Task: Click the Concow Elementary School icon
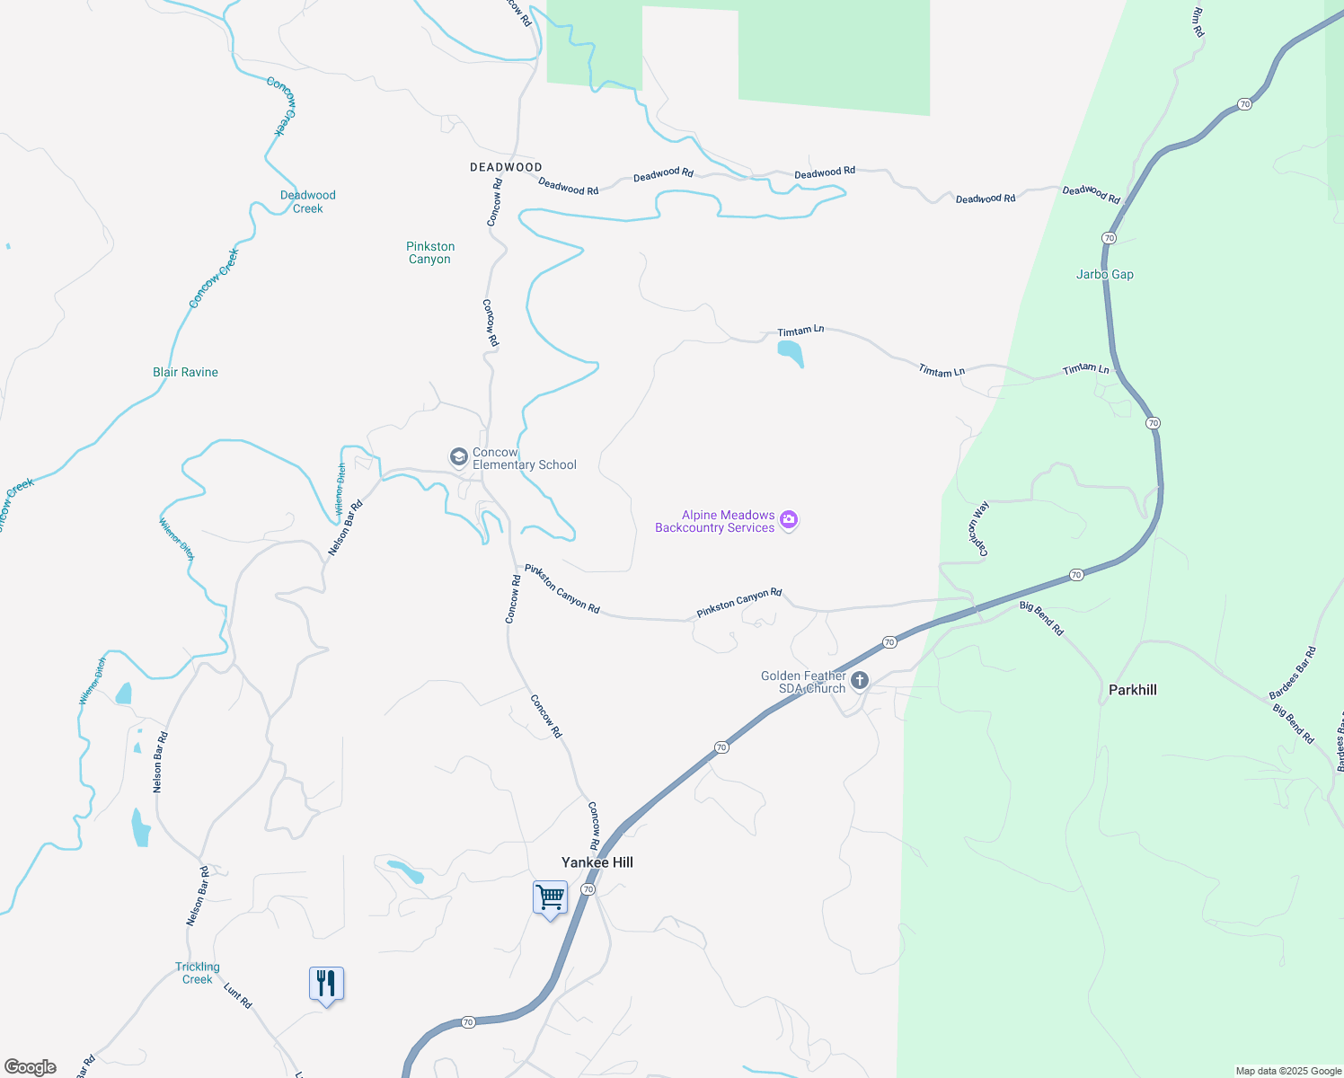click(458, 458)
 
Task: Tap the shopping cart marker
click(550, 897)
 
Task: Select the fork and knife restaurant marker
click(326, 984)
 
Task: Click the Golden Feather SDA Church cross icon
click(860, 681)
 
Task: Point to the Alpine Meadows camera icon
click(789, 520)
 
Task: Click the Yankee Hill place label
click(597, 862)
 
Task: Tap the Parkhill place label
click(1132, 690)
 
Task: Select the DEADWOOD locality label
click(506, 167)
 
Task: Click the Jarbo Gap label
click(1104, 274)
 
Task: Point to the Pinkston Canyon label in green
click(430, 252)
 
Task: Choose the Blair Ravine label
click(185, 372)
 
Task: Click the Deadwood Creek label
click(307, 201)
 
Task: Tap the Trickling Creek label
click(198, 973)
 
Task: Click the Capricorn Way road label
click(978, 529)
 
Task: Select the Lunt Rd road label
click(238, 996)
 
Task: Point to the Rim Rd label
click(1198, 22)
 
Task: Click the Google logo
click(31, 1067)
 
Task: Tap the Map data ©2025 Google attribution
click(1288, 1071)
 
